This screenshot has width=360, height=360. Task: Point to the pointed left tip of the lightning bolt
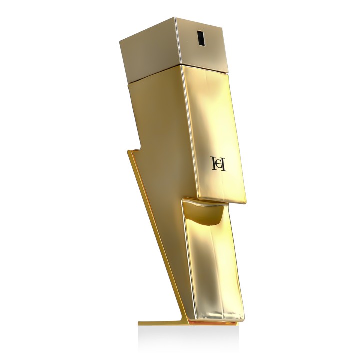point(129,150)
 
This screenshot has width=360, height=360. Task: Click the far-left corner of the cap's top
point(121,42)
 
